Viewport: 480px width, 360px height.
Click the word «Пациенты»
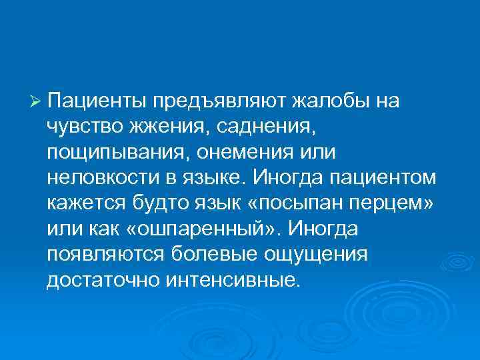pyautogui.click(x=97, y=101)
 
